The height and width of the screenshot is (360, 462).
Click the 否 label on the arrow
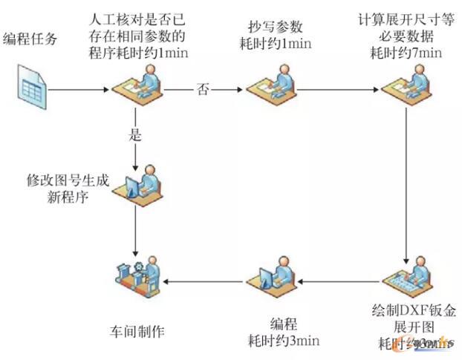202,90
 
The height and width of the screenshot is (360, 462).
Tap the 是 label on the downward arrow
135,137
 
